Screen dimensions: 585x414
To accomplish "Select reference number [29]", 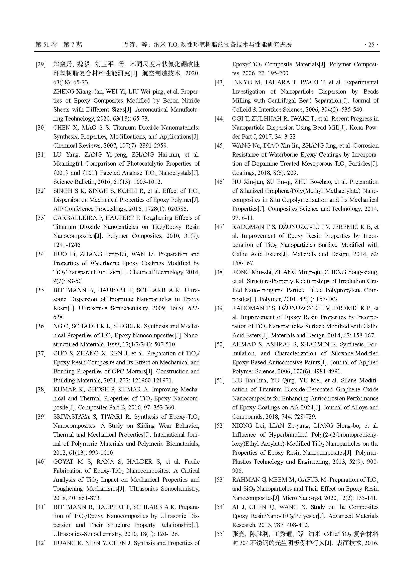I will tap(41, 64).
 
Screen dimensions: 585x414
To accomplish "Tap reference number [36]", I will tap(41, 326).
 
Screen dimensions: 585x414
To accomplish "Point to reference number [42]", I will tap(41, 543).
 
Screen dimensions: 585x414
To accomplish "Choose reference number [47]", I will tap(220, 227).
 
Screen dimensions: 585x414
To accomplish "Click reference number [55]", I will tap(220, 534).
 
